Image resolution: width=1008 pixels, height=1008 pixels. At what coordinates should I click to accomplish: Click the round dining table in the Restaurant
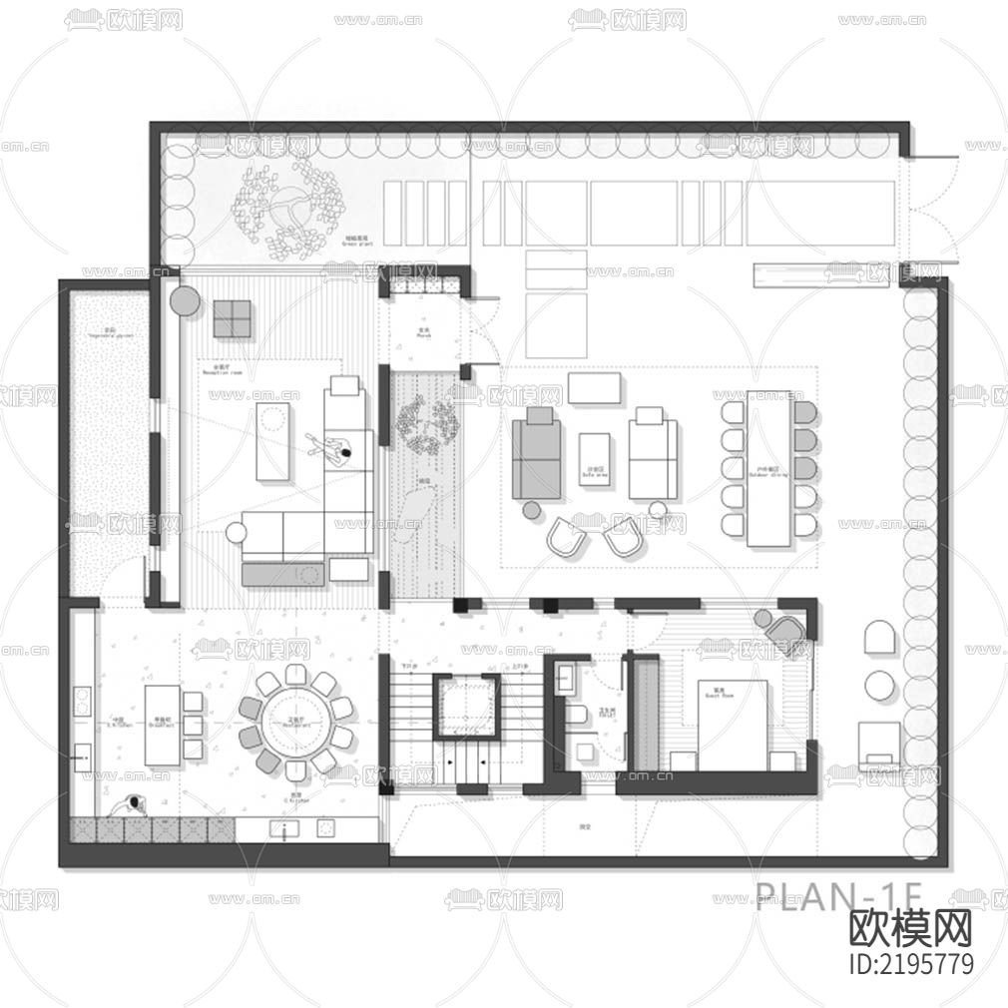point(293,721)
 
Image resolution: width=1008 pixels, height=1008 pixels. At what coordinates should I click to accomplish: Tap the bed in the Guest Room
point(733,725)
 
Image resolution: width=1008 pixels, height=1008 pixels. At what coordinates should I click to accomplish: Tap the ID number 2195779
point(909,964)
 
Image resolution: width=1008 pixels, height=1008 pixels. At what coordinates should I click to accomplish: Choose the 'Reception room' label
point(223,371)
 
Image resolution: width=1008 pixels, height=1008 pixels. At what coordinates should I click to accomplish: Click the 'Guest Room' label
point(712,690)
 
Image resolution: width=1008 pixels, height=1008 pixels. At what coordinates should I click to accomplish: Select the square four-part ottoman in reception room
point(232,318)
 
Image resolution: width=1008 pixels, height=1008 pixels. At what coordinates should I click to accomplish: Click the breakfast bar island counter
point(162,725)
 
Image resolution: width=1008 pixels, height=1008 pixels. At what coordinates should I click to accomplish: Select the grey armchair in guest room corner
point(784,629)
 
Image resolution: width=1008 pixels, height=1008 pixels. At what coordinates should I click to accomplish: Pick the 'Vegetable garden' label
point(110,333)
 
